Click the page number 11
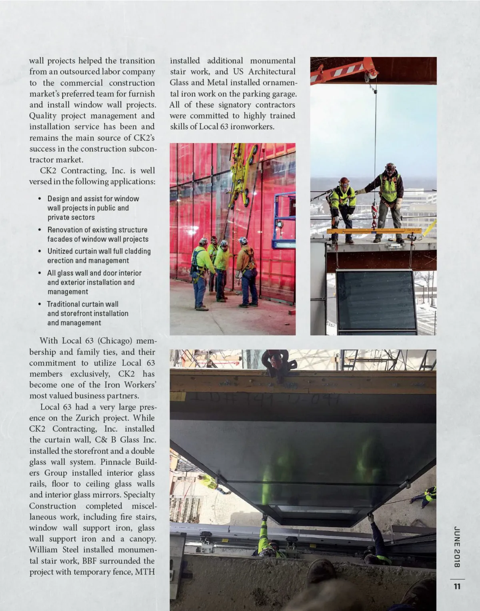457,587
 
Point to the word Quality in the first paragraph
43,116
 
